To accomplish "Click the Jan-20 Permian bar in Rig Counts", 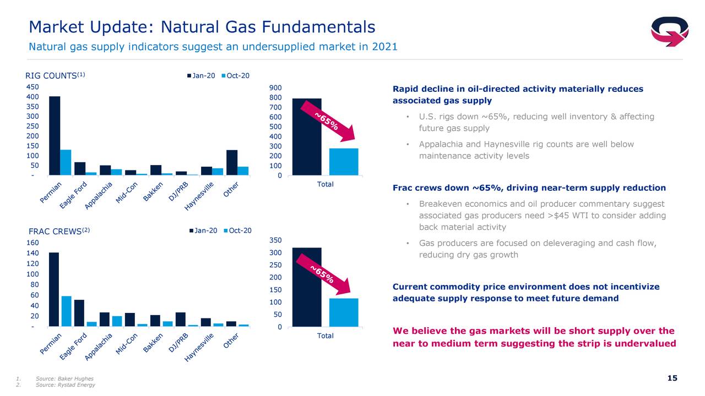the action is [x=55, y=135].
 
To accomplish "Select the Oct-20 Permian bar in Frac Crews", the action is [x=67, y=311].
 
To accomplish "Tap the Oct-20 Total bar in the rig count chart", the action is [x=344, y=162].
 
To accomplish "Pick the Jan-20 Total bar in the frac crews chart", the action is [x=307, y=287].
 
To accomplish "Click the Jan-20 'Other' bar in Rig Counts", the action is [x=232, y=162].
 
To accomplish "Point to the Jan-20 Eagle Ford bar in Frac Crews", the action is [x=79, y=313].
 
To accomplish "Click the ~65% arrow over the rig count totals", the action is [x=328, y=122].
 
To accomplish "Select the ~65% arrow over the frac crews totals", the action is [x=323, y=274].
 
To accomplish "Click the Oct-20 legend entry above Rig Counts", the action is [x=235, y=76].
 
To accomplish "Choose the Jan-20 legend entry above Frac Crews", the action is [x=203, y=230].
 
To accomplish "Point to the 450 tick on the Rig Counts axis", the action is [x=32, y=87].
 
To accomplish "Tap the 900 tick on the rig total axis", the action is [x=275, y=88].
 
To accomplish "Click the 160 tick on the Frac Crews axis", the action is [x=32, y=243].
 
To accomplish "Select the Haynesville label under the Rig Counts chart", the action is [x=199, y=196].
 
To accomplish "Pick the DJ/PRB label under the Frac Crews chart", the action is [x=178, y=343].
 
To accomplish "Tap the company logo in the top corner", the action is [x=669, y=31].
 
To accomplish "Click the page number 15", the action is [x=673, y=378].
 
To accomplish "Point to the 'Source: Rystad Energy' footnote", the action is [x=65, y=385].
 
